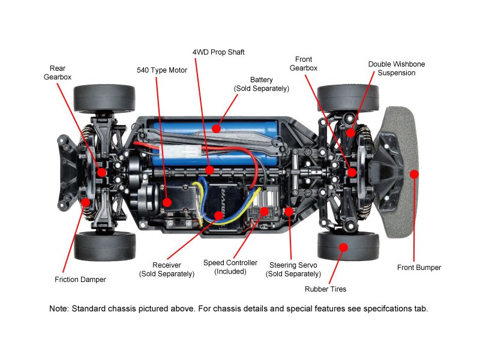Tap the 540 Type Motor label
point(161,70)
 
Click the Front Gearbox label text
point(304,64)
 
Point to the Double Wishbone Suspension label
point(392,68)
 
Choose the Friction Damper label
point(80,280)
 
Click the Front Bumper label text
point(419,268)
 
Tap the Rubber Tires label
point(325,289)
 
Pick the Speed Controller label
point(230,267)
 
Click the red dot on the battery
point(215,127)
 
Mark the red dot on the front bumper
point(413,174)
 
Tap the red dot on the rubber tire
point(343,246)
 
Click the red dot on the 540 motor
point(167,203)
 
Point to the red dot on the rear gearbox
point(101,172)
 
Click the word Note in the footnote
point(59,309)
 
